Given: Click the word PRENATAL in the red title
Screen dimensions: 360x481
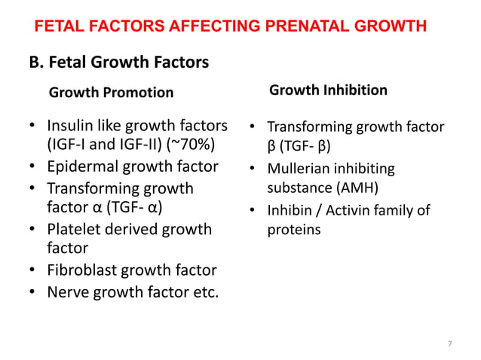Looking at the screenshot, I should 292,27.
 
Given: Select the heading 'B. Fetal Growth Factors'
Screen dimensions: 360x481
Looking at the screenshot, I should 118,61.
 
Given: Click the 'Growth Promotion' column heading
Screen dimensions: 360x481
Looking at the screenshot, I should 111,93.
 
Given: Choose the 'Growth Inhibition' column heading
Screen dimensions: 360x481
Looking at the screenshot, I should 329,90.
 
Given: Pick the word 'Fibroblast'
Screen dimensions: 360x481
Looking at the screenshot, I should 84,270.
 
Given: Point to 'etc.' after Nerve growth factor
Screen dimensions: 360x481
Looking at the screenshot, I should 203,291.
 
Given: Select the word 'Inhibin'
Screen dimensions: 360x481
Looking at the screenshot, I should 292,210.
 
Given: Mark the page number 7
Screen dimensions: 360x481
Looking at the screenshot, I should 450,344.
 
